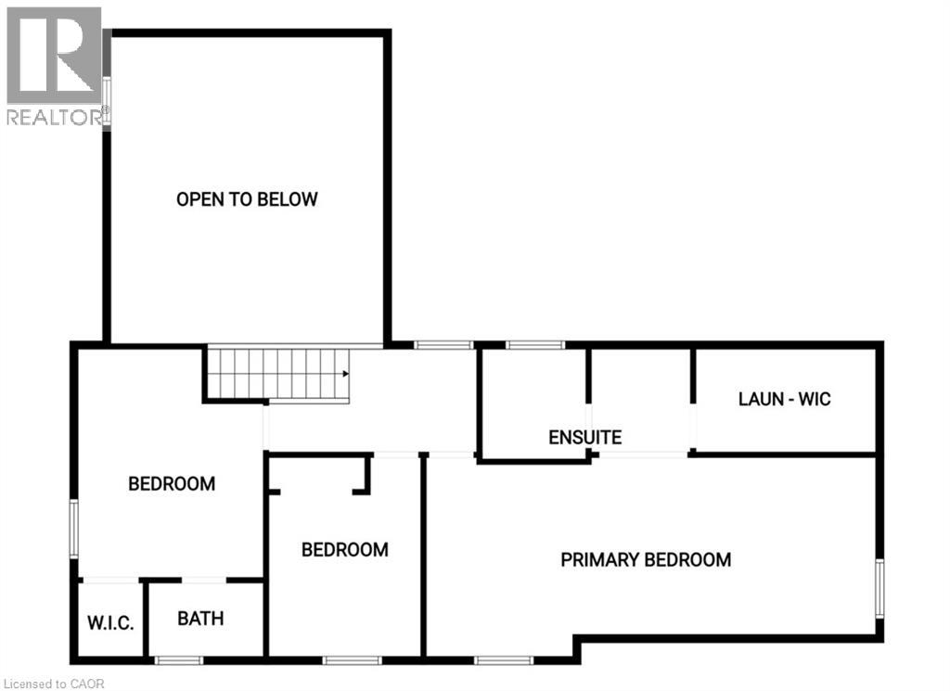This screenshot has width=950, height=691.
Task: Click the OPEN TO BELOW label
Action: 247,199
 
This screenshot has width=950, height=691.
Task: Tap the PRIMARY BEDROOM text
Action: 646,559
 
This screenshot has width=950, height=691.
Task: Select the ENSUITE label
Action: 584,437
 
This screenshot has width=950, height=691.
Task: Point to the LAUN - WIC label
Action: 784,400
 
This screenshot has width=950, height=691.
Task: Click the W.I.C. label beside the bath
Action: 111,622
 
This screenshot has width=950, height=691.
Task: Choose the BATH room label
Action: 200,618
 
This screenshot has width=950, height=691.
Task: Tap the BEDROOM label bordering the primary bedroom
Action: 344,550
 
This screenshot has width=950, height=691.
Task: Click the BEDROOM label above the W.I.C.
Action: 172,483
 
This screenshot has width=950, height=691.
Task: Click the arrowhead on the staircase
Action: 344,375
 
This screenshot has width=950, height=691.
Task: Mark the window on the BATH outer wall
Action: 178,660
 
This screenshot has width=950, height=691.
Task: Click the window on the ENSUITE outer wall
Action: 534,345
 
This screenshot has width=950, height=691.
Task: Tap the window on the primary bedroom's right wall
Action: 879,588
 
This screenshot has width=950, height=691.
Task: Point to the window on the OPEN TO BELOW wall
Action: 107,102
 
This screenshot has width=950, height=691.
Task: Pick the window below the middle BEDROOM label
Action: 352,660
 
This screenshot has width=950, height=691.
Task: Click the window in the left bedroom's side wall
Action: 74,529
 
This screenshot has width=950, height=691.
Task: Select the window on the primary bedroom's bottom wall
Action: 504,660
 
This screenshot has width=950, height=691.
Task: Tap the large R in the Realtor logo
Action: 53,56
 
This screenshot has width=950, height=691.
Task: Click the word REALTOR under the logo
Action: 54,117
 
